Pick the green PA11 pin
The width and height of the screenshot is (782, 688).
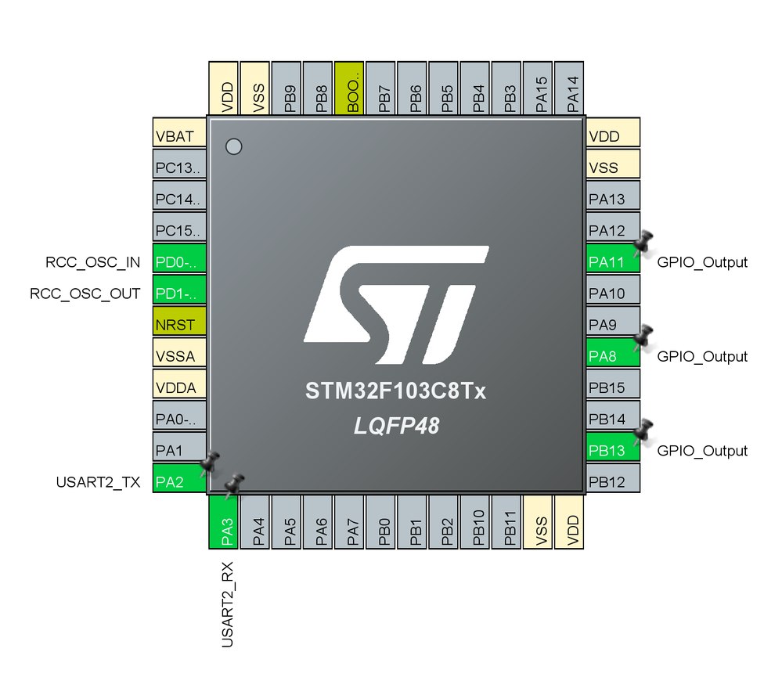(613, 261)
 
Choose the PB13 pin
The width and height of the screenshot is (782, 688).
(613, 450)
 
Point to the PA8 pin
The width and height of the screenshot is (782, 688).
(613, 355)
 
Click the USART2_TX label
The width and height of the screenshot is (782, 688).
(98, 482)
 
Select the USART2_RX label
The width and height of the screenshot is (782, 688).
(226, 609)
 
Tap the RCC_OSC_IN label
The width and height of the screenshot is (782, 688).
(93, 262)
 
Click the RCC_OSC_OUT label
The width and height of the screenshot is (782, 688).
(85, 294)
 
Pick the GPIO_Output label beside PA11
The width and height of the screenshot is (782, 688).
(702, 262)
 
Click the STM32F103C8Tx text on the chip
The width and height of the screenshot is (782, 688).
(395, 391)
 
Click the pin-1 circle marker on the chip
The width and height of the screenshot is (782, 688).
(232, 146)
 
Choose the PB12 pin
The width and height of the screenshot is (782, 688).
(613, 481)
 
